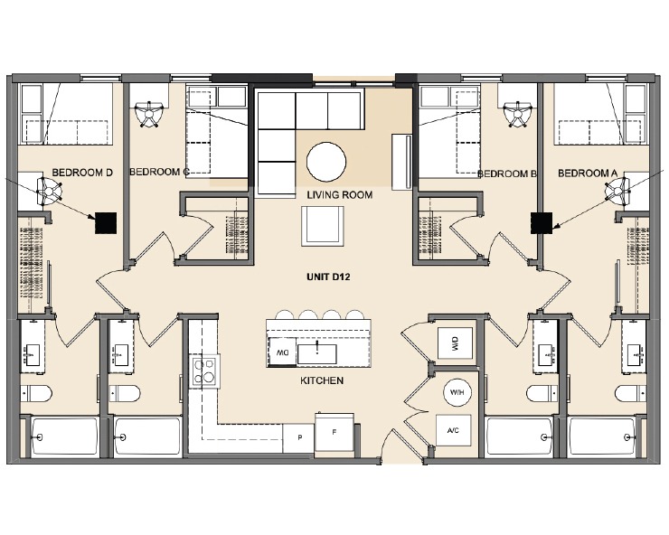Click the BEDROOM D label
80,172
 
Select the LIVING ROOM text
339,194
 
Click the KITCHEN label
322,380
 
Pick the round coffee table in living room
326,163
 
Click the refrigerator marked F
334,432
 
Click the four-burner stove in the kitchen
205,371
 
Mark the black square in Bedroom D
107,222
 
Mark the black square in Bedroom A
542,222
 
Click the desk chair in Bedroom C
146,115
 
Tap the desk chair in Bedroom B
518,115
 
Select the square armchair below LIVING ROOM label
323,225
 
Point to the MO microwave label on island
282,352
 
